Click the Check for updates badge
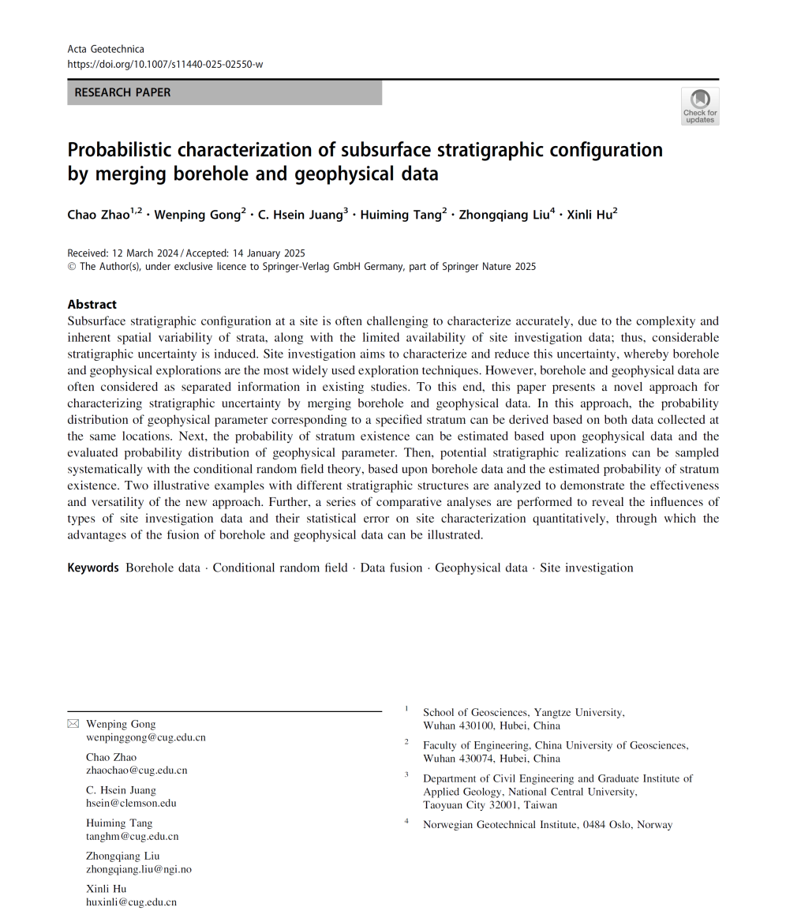[699, 107]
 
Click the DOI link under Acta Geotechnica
[165, 64]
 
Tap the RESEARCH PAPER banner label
[122, 92]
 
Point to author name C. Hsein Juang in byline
[301, 215]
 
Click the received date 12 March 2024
[147, 253]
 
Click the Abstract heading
[92, 304]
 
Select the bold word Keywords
[93, 568]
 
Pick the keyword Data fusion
[391, 568]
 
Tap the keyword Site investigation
[586, 568]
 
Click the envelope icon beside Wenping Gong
[73, 724]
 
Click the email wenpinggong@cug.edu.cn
[145, 737]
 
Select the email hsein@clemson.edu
[131, 803]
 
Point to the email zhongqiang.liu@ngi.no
[139, 869]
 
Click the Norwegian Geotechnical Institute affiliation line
[548, 825]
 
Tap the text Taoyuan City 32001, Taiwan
[489, 805]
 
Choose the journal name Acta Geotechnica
[106, 49]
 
